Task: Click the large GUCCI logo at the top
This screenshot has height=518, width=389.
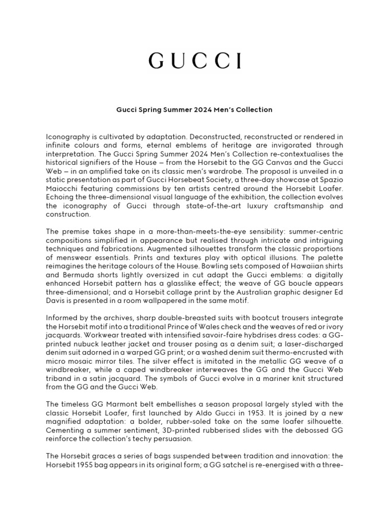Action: click(x=194, y=61)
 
